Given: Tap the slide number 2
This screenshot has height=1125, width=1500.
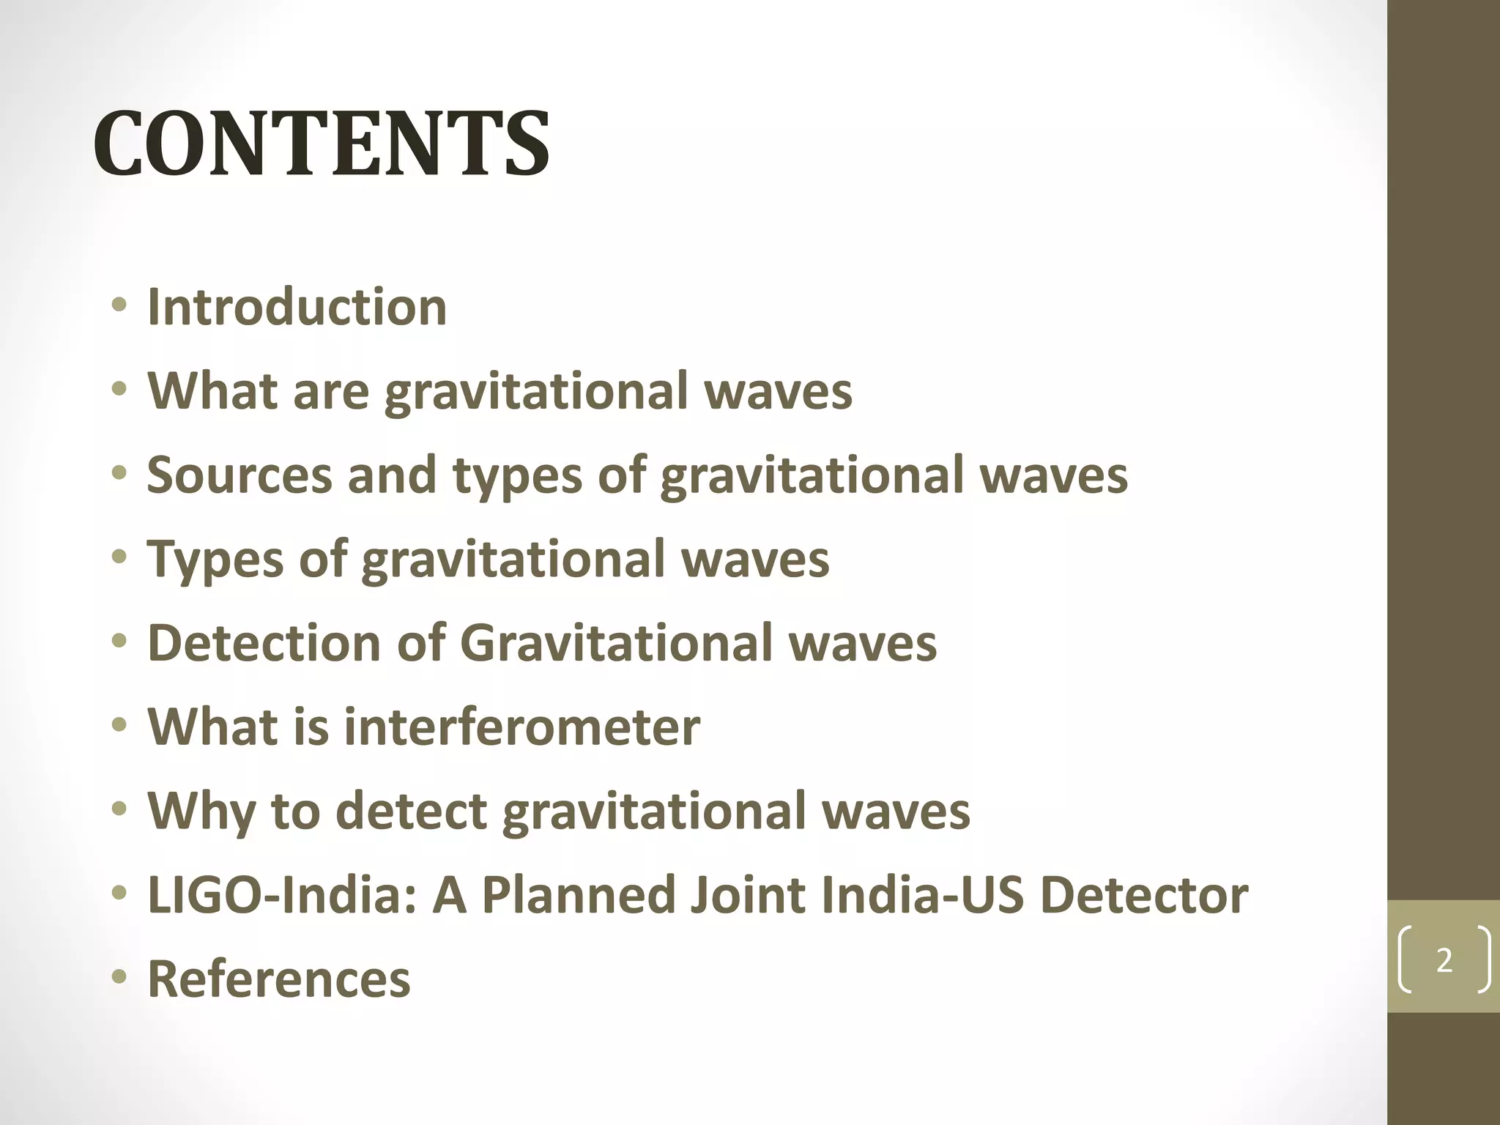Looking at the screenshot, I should pyautogui.click(x=1444, y=960).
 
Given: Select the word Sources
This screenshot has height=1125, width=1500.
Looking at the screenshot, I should pyautogui.click(x=239, y=475).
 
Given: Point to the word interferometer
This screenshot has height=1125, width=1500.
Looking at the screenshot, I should pyautogui.click(x=521, y=727).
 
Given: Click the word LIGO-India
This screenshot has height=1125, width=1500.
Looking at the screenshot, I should pyautogui.click(x=282, y=895).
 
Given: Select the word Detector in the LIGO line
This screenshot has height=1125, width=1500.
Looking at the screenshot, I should pyautogui.click(x=1144, y=895).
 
